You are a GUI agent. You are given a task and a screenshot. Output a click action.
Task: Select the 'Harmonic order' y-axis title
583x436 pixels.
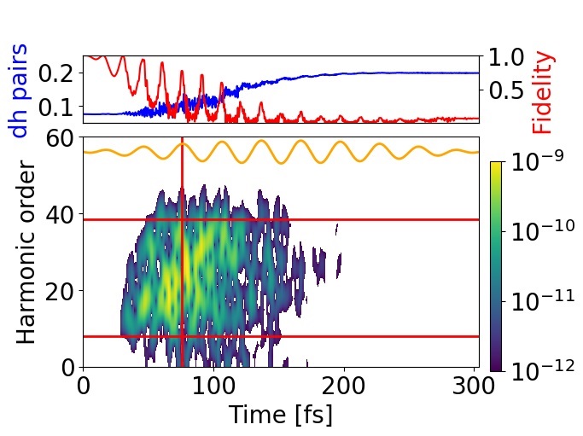pos(27,252)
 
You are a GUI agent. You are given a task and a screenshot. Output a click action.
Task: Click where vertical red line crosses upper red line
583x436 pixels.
pos(183,219)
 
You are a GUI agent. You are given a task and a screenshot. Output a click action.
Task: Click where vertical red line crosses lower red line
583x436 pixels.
pos(183,336)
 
